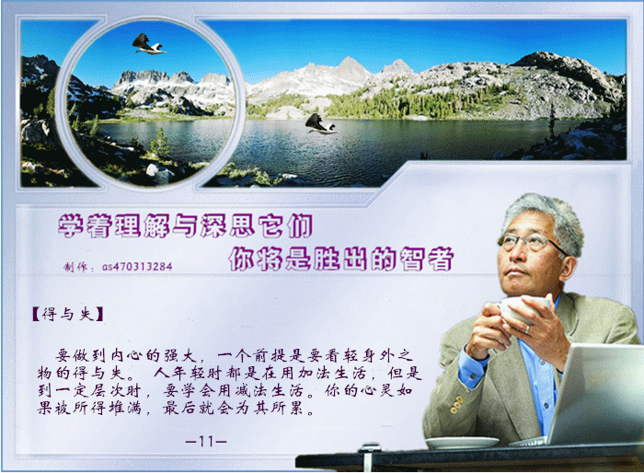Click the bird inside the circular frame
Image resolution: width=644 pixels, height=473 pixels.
149,44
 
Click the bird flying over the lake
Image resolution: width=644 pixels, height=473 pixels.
321,123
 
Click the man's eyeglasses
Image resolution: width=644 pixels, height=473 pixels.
530,242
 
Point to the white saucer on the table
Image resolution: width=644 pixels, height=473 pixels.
462,443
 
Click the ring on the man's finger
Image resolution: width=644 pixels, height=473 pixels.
528,329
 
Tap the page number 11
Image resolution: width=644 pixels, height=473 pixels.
206,442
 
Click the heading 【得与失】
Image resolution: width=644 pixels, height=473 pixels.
68,314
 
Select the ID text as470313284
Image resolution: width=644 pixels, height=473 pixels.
137,267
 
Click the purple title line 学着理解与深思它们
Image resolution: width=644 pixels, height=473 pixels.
185,225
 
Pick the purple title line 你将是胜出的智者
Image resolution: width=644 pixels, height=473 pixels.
341,259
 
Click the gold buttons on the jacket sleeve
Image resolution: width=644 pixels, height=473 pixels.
456,404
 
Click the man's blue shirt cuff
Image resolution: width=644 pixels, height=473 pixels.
473,367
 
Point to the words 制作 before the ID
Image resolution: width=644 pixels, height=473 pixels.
75,267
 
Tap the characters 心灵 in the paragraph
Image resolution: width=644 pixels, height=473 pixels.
378,390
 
